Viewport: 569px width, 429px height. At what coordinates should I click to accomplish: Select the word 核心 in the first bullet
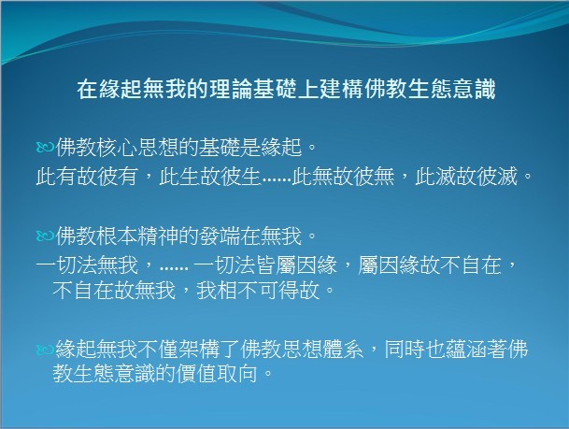[x=117, y=148]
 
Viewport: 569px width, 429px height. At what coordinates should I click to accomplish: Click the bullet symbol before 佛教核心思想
[x=45, y=148]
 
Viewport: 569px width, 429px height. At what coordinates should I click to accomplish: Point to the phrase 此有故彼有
[x=87, y=177]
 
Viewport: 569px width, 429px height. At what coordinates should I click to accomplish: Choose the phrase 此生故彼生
[x=209, y=177]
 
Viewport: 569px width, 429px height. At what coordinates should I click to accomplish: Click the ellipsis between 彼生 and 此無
[x=277, y=180]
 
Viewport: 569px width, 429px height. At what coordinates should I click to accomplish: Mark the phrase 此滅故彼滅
[x=466, y=177]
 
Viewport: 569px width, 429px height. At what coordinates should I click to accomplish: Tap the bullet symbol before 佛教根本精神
[x=45, y=236]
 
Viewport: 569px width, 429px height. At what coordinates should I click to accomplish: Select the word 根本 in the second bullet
[x=117, y=236]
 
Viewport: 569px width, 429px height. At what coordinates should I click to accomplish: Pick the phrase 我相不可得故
[x=258, y=291]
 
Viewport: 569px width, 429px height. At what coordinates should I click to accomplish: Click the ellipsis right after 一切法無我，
[x=174, y=269]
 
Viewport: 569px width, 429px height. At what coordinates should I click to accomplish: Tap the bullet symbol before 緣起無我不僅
[x=45, y=350]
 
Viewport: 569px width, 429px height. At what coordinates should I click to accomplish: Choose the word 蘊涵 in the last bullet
[x=466, y=349]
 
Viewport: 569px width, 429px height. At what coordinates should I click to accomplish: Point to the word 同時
[x=405, y=349]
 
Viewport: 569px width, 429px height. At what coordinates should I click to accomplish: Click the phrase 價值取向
[x=217, y=374]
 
